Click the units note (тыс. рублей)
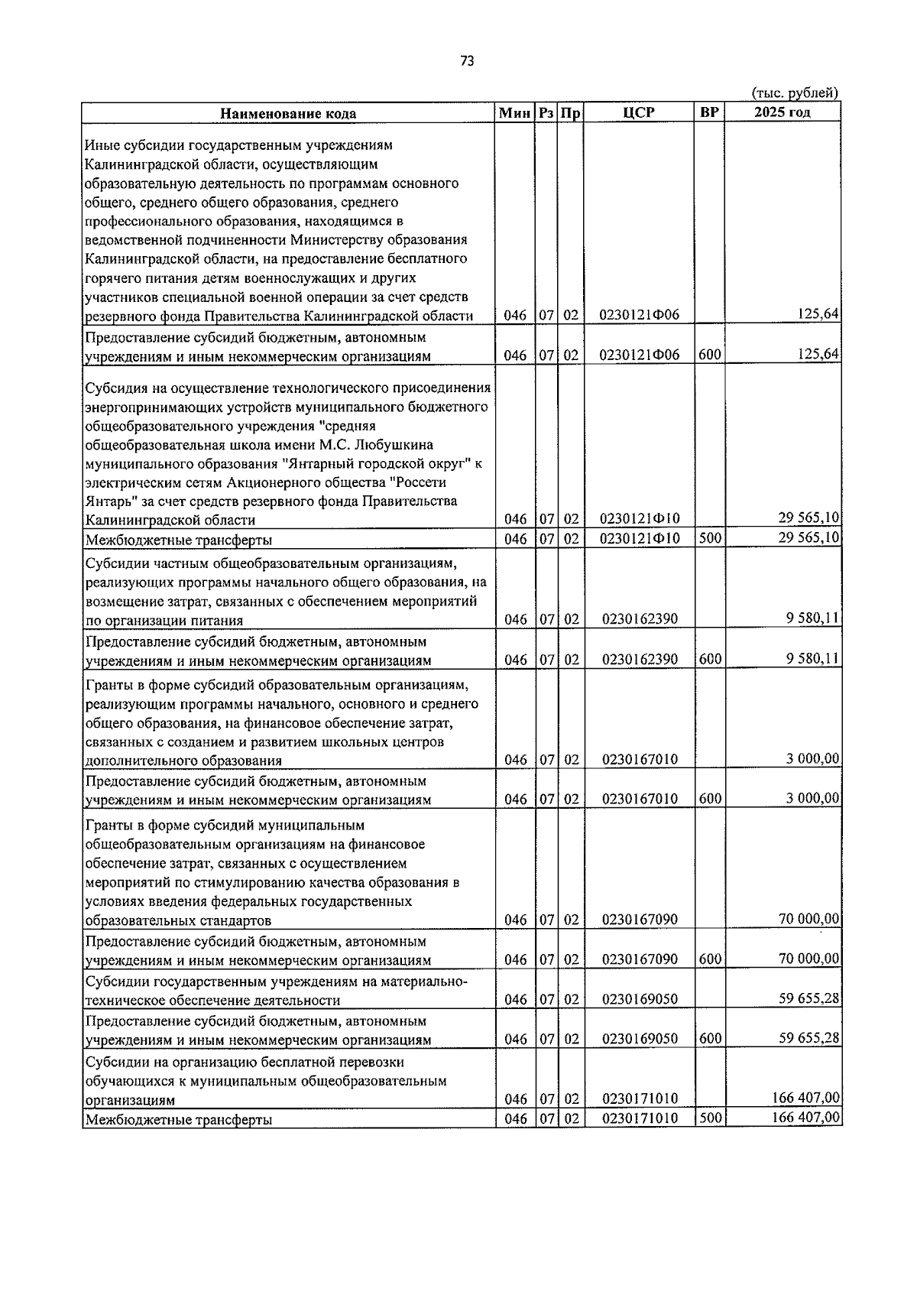tap(796, 92)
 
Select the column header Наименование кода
tap(288, 113)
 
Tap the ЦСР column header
tap(639, 112)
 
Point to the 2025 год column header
tap(782, 112)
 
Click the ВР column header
tap(709, 112)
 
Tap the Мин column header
tap(515, 112)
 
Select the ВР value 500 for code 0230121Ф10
tap(710, 538)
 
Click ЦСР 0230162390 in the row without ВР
tap(640, 619)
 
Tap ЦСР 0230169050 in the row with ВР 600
tap(640, 1039)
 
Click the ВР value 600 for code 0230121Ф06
tap(710, 355)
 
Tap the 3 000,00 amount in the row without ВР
tap(812, 758)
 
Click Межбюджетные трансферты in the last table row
tap(179, 1120)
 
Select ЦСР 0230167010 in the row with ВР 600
tap(640, 799)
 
